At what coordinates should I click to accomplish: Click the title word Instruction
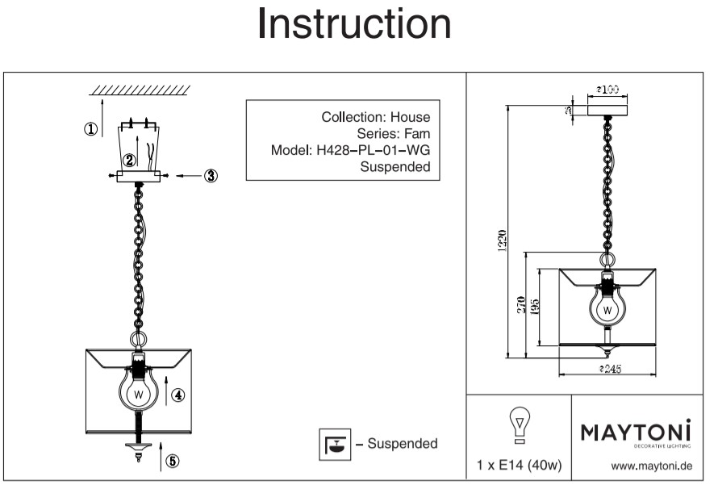(x=354, y=24)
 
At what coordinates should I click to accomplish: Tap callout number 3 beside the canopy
(x=211, y=176)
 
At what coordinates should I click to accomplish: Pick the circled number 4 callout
(x=178, y=395)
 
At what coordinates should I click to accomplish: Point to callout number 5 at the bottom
(x=173, y=462)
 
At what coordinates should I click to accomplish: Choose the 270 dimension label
(x=522, y=304)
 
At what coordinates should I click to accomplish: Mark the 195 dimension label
(x=536, y=304)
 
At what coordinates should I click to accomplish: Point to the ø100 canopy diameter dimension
(x=607, y=90)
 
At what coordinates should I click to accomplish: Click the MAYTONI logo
(x=637, y=434)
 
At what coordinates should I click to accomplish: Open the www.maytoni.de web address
(x=652, y=466)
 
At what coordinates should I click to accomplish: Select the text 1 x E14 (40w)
(x=520, y=466)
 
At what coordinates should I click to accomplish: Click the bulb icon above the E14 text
(x=520, y=424)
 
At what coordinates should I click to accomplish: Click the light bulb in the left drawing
(x=139, y=393)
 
